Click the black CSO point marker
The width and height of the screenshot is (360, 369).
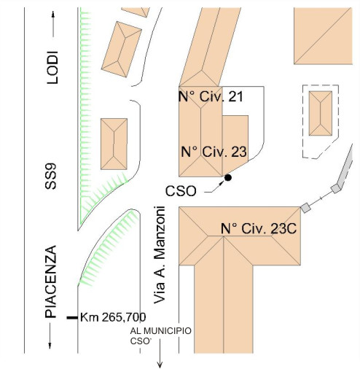227,178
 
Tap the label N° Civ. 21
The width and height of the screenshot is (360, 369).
211,96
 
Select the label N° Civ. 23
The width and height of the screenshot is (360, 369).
214,152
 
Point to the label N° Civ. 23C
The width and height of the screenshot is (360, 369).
259,228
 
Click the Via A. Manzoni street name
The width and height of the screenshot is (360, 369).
160,255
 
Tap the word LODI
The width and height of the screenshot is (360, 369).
52,67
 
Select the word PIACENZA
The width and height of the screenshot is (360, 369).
51,281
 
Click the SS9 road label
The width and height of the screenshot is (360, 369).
51,176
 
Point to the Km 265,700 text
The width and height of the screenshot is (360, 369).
113,317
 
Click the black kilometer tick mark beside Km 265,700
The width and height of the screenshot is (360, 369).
72,317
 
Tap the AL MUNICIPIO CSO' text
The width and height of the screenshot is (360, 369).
160,336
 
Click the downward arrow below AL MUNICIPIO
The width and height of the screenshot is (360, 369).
160,353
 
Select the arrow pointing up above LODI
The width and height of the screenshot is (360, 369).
53,23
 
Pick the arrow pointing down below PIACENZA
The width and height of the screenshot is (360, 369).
50,336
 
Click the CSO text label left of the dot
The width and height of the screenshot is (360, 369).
181,191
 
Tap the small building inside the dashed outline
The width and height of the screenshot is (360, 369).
321,113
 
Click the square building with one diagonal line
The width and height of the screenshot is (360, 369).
323,36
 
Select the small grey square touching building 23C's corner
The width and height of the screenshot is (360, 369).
305,208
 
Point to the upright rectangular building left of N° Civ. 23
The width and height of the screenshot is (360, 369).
114,144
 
